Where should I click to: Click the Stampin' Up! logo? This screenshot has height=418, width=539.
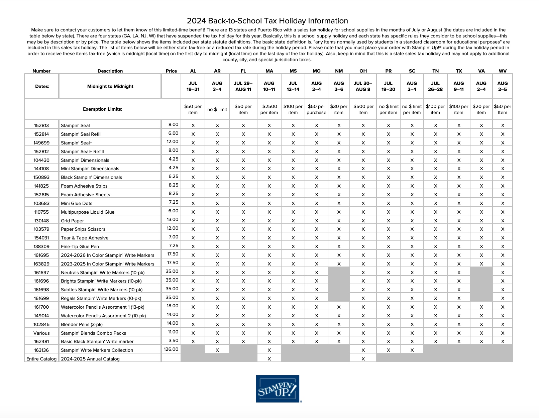(x=278, y=389)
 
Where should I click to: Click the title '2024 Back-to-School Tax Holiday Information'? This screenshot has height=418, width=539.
(x=267, y=21)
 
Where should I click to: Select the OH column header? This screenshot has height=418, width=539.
(x=363, y=71)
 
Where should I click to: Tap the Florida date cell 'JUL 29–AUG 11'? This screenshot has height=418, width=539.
(x=243, y=86)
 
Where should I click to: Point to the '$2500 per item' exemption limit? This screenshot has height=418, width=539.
(x=269, y=109)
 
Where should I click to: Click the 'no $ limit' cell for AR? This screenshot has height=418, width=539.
(x=217, y=109)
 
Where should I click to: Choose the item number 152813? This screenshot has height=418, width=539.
(x=41, y=125)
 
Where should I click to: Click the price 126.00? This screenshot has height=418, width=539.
(x=171, y=349)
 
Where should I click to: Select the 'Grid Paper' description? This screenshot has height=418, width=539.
(x=72, y=221)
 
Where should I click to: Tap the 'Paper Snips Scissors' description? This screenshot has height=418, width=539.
(x=83, y=229)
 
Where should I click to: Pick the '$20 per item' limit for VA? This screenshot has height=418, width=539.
(x=481, y=109)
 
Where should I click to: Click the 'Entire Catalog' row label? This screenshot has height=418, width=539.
(x=41, y=359)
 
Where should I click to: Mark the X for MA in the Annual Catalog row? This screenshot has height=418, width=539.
(x=269, y=359)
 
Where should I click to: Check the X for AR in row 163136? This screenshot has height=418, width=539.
(x=217, y=350)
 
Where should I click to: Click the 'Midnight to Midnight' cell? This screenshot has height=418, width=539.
(x=110, y=86)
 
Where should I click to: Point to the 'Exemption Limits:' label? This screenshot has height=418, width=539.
(x=102, y=109)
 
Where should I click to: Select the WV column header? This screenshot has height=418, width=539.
(x=503, y=71)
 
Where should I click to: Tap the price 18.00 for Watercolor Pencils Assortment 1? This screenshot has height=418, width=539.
(x=172, y=306)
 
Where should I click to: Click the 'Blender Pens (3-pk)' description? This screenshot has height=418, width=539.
(x=82, y=324)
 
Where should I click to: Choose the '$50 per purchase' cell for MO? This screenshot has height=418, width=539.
(x=316, y=109)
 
